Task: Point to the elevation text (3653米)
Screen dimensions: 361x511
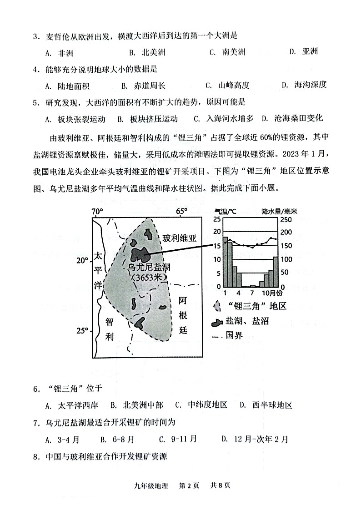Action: (x=149, y=277)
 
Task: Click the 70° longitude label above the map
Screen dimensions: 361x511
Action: (x=97, y=212)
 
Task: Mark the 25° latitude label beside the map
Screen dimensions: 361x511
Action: (x=82, y=331)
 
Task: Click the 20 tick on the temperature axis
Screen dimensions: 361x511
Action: (x=216, y=233)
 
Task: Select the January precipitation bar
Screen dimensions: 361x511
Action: (x=225, y=262)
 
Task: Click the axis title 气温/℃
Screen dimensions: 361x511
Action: (x=226, y=211)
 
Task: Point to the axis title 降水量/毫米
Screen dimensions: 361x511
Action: (x=279, y=211)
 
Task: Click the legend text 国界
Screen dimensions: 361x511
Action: (x=234, y=336)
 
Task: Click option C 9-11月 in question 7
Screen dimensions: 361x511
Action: (x=178, y=439)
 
